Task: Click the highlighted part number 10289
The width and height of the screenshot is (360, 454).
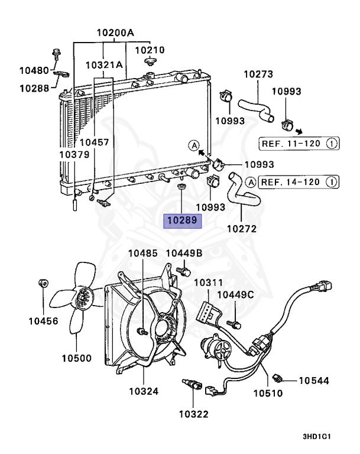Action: pos(182,221)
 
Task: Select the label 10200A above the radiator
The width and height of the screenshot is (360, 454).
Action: pos(115,33)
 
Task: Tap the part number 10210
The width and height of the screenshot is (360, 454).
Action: pos(150,50)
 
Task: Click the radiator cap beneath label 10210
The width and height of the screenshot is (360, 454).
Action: pos(150,61)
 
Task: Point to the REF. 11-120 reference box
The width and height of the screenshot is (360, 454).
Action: pos(299,143)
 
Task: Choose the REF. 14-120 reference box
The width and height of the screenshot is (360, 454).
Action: pos(299,182)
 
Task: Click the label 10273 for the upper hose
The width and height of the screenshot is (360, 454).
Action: pos(258,74)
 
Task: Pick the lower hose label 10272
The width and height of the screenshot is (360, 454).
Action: pos(242,229)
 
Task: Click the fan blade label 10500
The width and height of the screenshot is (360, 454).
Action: pos(76,358)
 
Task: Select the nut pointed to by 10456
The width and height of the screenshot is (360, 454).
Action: pos(43,283)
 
